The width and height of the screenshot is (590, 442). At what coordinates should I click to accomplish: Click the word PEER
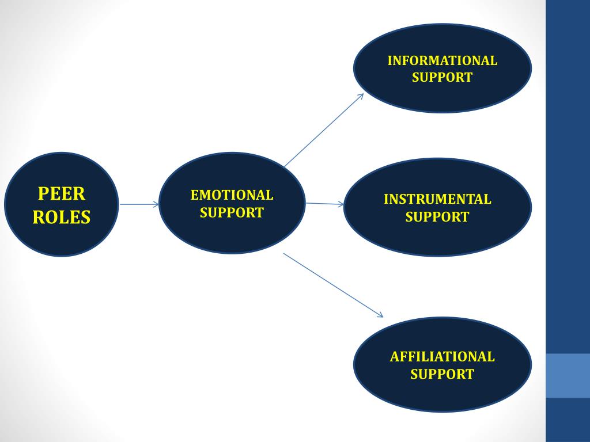pos(62,193)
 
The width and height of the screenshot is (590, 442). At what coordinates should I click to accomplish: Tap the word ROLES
pos(62,217)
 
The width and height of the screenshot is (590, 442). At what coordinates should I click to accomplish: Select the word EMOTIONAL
pos(232,195)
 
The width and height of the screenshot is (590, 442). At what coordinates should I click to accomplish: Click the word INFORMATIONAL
pos(442,60)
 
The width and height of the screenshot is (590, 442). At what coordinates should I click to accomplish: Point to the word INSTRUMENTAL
pos(437,200)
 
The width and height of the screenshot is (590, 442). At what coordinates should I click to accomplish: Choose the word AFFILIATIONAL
pos(442,356)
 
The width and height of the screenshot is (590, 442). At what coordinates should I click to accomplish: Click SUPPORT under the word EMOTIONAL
pos(232,212)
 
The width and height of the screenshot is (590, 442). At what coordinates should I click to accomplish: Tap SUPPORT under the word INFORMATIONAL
pos(442,77)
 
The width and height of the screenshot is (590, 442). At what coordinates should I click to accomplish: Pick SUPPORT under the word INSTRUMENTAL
pos(437,217)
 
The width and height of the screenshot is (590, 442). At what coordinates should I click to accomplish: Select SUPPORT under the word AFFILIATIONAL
pos(442,374)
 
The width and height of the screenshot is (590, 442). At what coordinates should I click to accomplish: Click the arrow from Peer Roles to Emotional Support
pos(138,204)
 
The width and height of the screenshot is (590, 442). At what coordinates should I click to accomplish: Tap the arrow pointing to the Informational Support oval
pos(323,130)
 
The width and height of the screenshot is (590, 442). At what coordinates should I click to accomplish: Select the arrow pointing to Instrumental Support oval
pos(324,203)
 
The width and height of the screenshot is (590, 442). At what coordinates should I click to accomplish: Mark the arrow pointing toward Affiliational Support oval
pos(333,284)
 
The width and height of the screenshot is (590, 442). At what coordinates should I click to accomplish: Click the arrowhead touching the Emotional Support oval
pos(156,204)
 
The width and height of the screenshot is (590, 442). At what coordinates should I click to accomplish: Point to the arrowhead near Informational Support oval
pos(360,96)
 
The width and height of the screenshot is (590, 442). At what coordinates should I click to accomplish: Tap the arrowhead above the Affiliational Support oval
pos(380,314)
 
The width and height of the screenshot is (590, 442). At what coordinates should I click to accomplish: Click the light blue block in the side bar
pos(568,375)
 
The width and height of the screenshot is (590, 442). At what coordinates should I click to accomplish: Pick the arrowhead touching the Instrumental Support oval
pos(341,204)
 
